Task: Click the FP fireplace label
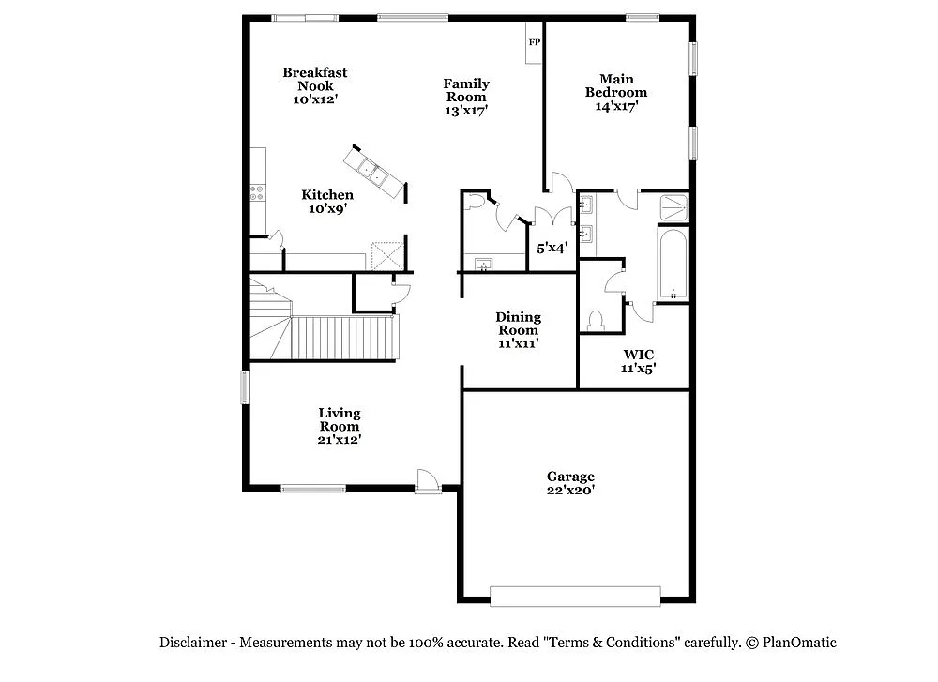click(535, 42)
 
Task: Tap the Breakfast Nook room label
click(314, 85)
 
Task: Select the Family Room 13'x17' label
click(466, 97)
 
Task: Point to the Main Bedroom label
click(616, 92)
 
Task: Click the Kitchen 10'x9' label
click(327, 202)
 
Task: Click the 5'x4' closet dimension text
click(552, 249)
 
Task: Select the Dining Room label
click(518, 330)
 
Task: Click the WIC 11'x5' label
click(639, 361)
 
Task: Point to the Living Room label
click(339, 426)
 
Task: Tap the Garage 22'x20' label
click(571, 483)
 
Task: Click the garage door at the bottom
click(576, 597)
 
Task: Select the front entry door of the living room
click(428, 482)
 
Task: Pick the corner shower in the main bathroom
click(673, 207)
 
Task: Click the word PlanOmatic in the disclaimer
click(799, 643)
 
